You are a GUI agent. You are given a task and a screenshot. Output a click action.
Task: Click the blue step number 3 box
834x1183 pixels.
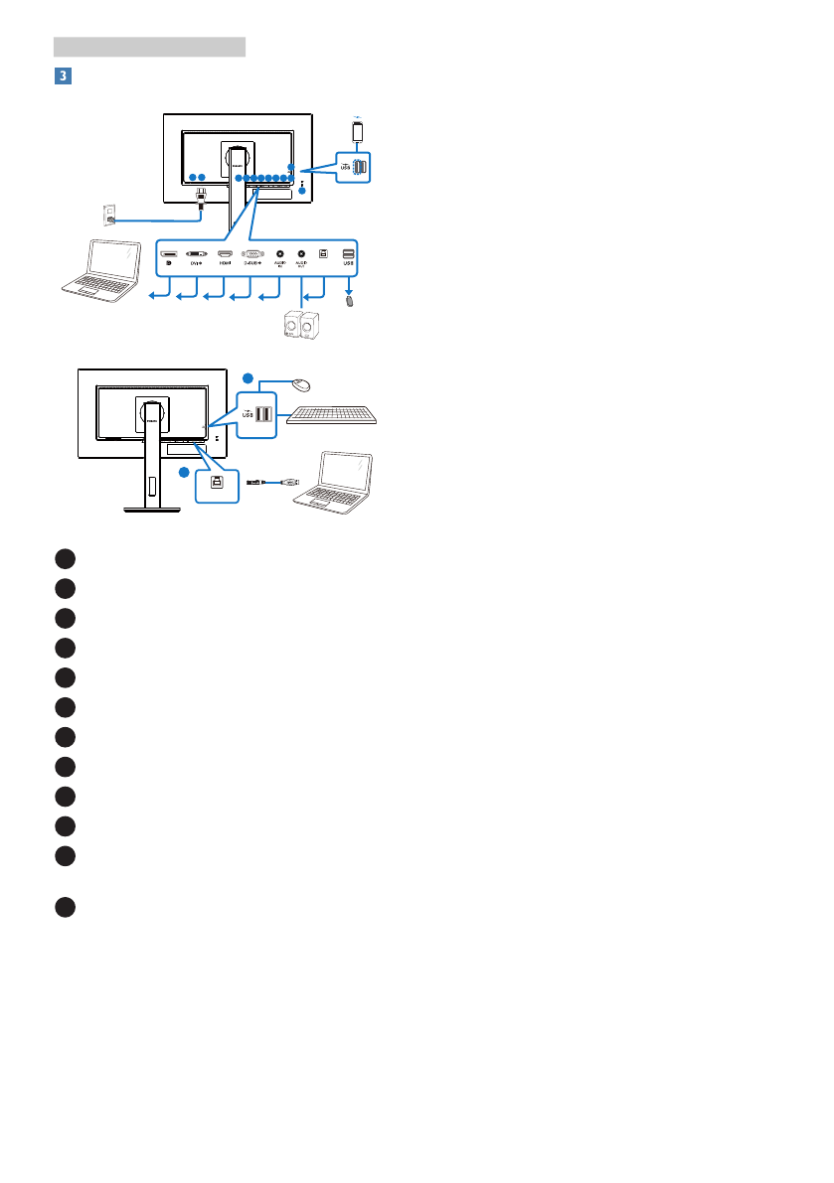62,75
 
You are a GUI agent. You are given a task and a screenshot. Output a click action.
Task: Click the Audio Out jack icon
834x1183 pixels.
301,255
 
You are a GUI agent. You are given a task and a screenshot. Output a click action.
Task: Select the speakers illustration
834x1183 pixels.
301,326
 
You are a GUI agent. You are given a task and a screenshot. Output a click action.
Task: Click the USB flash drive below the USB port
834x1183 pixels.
349,298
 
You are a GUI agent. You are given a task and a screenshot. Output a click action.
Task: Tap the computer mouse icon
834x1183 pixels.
302,384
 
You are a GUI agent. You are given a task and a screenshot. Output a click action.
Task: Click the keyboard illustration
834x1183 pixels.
331,414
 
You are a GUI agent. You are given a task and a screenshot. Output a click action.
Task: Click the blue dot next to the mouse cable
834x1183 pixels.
250,376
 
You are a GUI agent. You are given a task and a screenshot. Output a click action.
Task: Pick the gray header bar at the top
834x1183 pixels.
149,46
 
